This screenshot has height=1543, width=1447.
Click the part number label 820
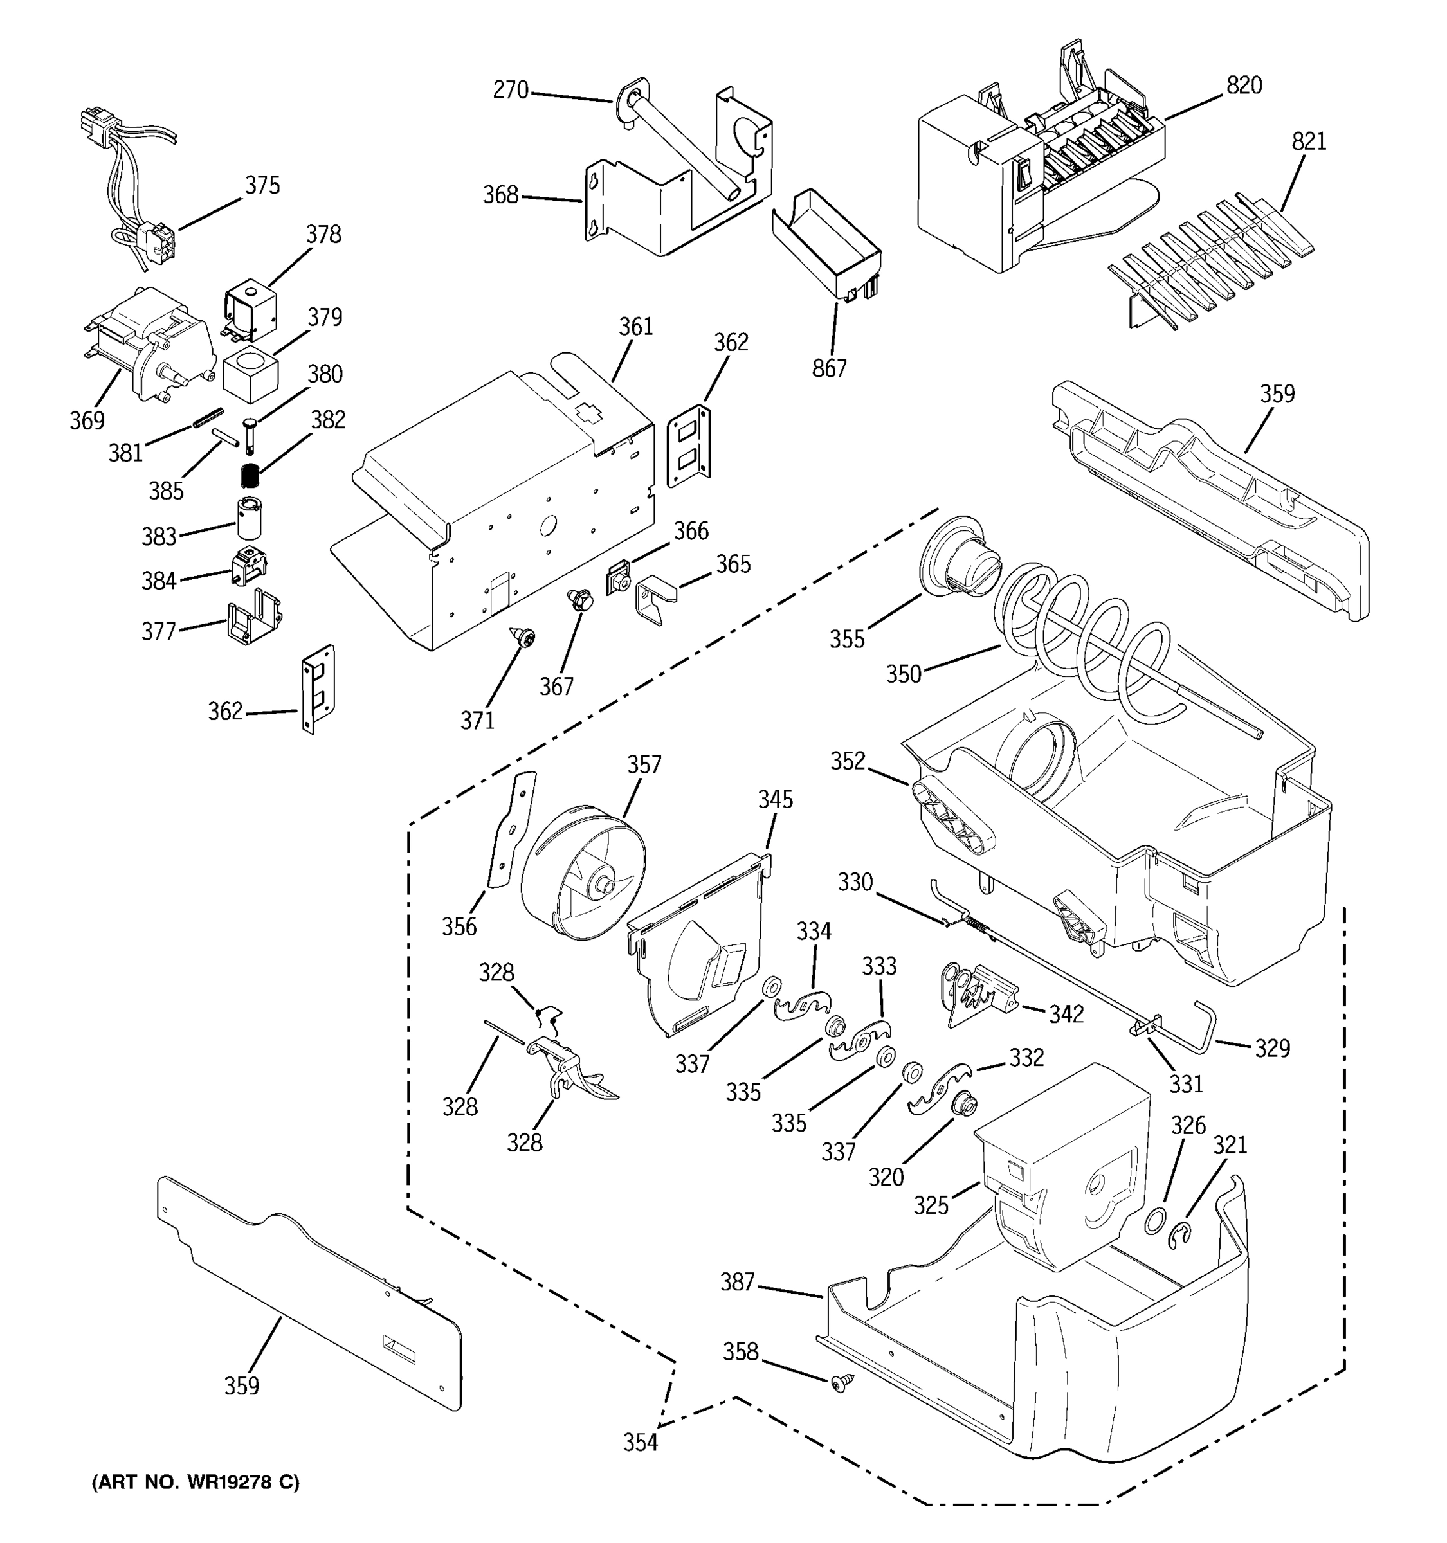[x=1244, y=86]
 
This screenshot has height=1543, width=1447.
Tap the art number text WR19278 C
[x=195, y=1483]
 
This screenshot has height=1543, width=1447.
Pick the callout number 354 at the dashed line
[x=641, y=1442]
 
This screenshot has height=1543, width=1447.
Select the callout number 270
[x=510, y=90]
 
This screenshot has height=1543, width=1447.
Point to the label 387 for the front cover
[x=737, y=1282]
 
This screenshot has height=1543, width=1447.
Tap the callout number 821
[x=1309, y=141]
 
